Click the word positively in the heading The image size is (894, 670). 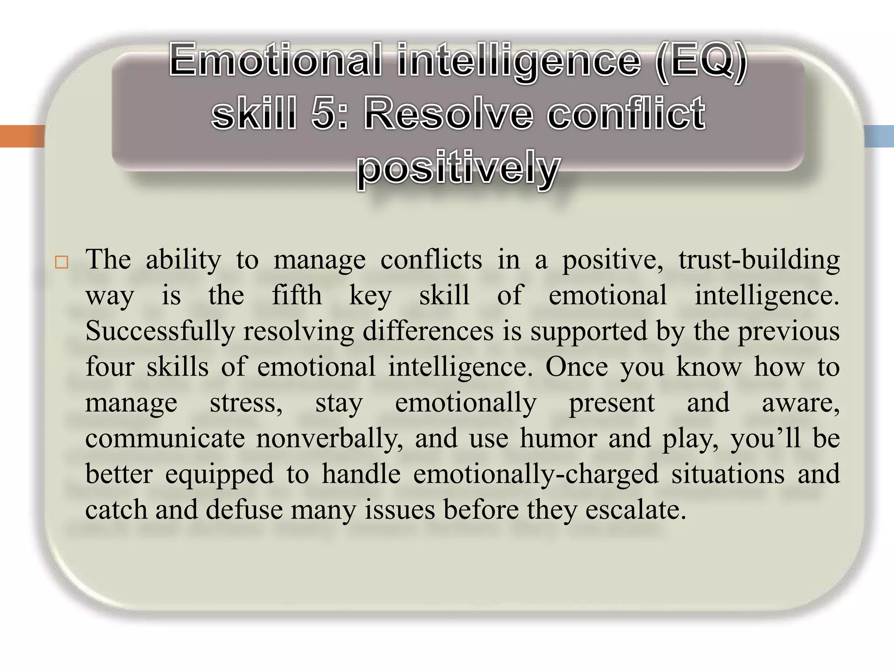coord(458,168)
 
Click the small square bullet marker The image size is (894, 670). coord(62,263)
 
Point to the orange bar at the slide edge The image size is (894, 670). coord(22,136)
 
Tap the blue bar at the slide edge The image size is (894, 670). coord(879,136)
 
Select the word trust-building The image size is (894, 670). coord(759,260)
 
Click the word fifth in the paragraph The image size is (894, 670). coord(297,296)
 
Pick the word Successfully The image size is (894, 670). coord(160,332)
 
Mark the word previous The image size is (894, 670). coord(788,332)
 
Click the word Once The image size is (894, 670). coord(576,367)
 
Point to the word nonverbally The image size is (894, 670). coord(329,439)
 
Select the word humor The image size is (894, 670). coord(558,439)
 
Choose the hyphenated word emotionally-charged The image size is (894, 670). coord(536,475)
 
